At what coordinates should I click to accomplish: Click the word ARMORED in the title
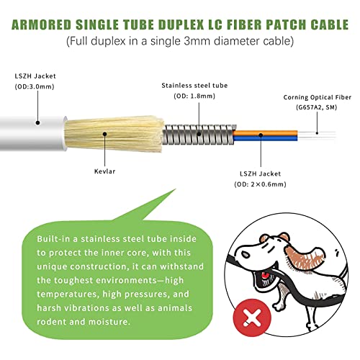point(42,24)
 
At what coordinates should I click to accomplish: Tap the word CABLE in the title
point(329,24)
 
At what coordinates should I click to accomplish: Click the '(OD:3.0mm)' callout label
point(35,86)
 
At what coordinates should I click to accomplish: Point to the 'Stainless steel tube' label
point(194,86)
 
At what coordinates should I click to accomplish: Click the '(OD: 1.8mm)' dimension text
point(194,96)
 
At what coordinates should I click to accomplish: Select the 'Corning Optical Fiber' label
point(318,97)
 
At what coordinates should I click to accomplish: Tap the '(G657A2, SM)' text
point(317,107)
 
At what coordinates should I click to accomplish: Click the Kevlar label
point(104,171)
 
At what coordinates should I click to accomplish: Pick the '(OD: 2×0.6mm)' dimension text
point(261,184)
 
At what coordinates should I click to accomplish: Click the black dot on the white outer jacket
point(37,123)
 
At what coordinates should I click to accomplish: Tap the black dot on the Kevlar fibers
point(104,134)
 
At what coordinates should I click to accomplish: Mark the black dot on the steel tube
point(199,134)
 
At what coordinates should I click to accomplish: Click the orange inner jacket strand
point(265,132)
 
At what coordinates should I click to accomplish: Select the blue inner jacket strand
point(265,138)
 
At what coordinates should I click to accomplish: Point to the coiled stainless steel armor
point(199,135)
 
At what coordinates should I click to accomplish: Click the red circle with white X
point(252,318)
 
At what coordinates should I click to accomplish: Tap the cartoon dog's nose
point(245,254)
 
